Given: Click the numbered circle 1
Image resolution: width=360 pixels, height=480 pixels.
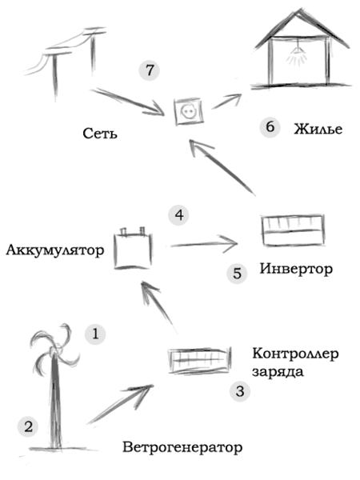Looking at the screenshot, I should click(x=95, y=333).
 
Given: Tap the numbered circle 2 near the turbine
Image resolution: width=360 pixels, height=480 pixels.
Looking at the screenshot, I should click(x=29, y=426).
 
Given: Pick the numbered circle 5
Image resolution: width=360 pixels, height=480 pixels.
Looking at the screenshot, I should click(x=237, y=274).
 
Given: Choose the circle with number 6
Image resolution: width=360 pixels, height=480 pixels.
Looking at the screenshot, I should click(x=270, y=127).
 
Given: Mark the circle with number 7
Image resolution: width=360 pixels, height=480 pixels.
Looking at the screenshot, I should click(x=148, y=70).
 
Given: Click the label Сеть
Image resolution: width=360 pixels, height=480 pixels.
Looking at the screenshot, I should click(x=100, y=133).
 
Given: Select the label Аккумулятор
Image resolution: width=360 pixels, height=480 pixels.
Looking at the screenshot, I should click(x=55, y=250).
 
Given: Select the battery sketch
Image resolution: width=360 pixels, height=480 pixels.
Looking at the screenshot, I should click(x=133, y=248).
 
